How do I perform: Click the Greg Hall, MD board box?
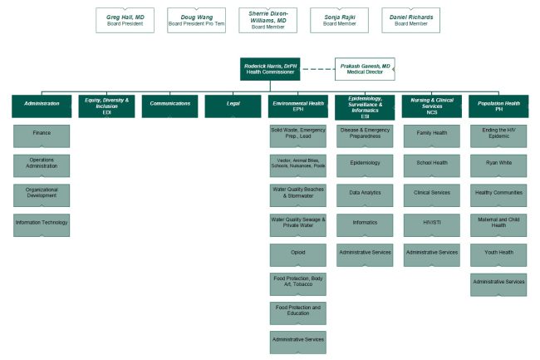pos(125,20)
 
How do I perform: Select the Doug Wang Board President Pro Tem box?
pos(196,20)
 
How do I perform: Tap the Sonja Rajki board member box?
pos(339,20)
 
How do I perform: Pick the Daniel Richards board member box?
pos(411,20)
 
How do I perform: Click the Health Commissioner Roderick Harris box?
pos(270,69)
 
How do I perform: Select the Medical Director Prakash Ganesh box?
pos(365,69)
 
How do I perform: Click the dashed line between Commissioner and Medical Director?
pos(317,69)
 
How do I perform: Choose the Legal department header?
pos(233,106)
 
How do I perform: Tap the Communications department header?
pos(169,106)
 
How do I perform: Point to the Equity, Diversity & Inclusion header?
pos(107,106)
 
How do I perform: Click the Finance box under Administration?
pos(42,136)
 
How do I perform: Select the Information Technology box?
pos(42,225)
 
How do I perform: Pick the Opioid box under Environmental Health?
pos(298,255)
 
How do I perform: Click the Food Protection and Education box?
pos(298,313)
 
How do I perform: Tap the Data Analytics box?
pos(365,195)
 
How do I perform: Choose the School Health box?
pos(432,165)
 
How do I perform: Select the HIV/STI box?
pos(432,225)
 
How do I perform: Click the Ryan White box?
pos(498,165)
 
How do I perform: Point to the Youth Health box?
pos(498,255)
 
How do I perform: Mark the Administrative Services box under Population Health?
pos(498,285)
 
